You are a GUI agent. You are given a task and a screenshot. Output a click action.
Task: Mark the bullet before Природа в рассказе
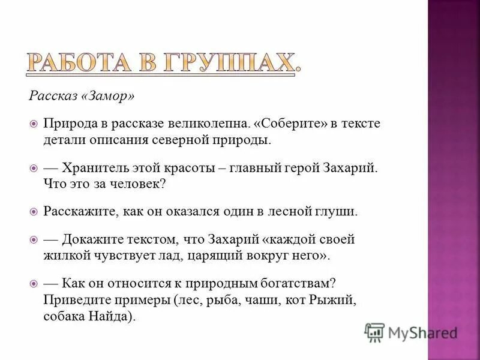(x=34, y=124)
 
